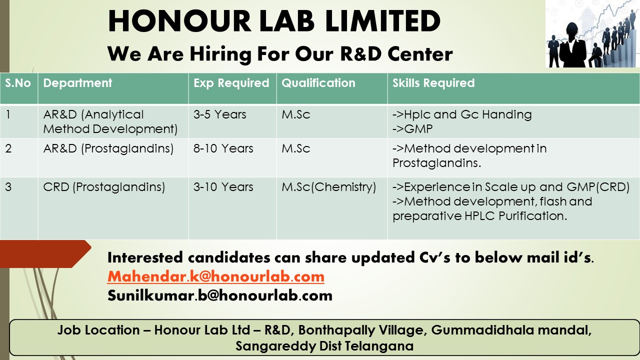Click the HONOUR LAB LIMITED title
pyautogui.click(x=274, y=21)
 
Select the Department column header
pyautogui.click(x=77, y=83)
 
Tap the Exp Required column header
pyautogui.click(x=231, y=83)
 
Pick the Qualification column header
pyautogui.click(x=318, y=83)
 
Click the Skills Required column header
pyautogui.click(x=433, y=83)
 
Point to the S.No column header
pyautogui.click(x=18, y=83)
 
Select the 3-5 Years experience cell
pyautogui.click(x=220, y=114)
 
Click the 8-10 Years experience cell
pyautogui.click(x=223, y=148)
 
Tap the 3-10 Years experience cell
pyautogui.click(x=223, y=187)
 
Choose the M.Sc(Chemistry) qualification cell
pyautogui.click(x=328, y=187)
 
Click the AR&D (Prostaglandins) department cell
pyautogui.click(x=108, y=148)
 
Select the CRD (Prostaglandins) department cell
pyautogui.click(x=104, y=187)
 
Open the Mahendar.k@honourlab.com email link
pyautogui.click(x=216, y=276)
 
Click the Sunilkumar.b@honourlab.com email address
pyautogui.click(x=220, y=295)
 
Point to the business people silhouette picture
pyautogui.click(x=592, y=33)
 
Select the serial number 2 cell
pyautogui.click(x=8, y=148)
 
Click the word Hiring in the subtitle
pyautogui.click(x=220, y=54)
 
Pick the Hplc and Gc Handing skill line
pyautogui.click(x=462, y=114)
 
